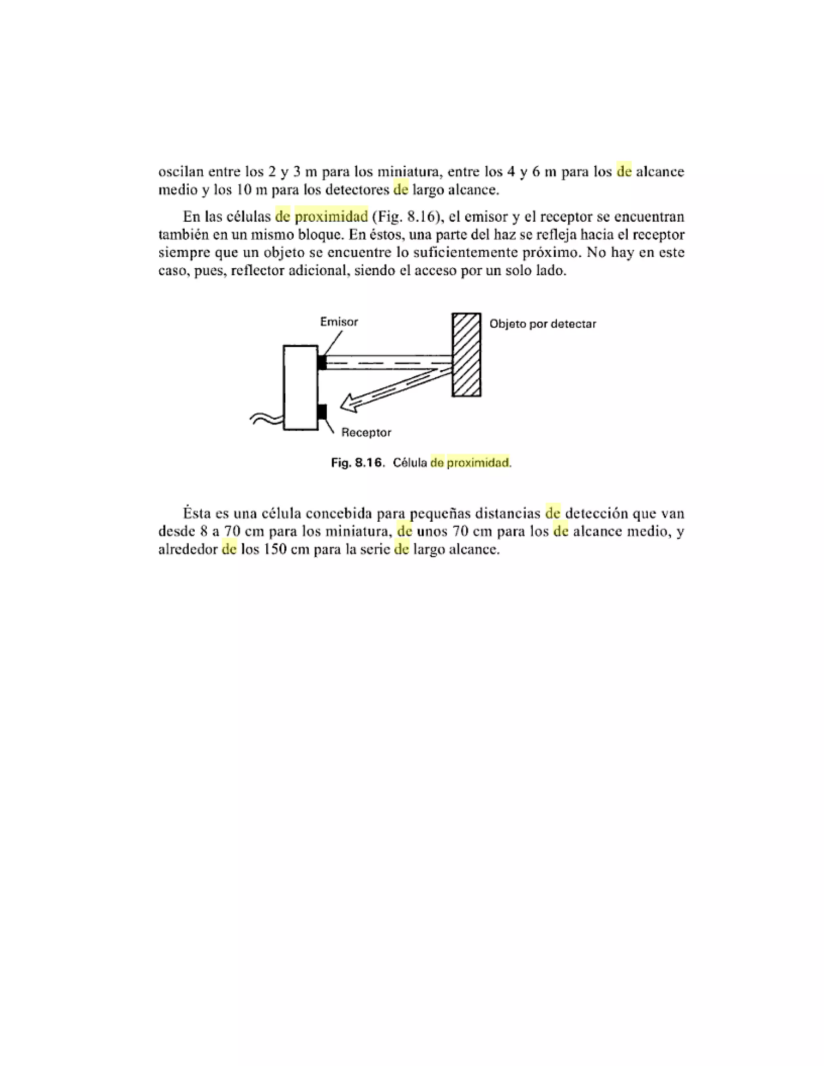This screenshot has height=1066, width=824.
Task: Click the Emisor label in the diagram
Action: (339, 322)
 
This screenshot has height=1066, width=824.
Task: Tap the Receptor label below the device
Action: (366, 432)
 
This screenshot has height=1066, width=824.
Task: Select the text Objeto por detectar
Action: (542, 323)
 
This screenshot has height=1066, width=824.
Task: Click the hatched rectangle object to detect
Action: (466, 354)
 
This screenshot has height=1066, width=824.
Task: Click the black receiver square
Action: (322, 412)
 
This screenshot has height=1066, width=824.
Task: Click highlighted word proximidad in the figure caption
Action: (478, 462)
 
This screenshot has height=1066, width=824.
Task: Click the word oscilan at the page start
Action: (181, 172)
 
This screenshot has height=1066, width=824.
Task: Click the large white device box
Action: (300, 387)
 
